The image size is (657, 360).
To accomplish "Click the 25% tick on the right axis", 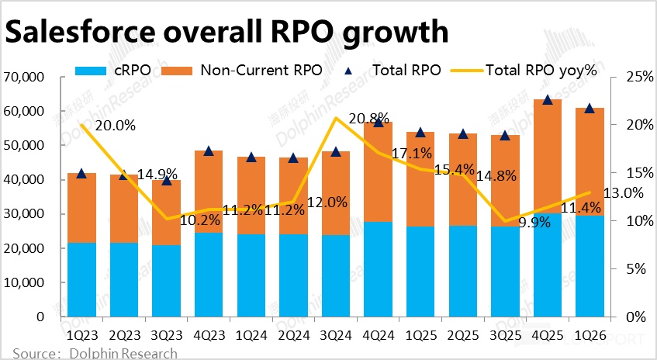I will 630,78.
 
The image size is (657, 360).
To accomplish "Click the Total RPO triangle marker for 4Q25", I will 548,99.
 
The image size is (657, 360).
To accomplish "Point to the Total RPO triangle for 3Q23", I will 166,180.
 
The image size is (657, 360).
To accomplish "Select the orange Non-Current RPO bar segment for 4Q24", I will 378,171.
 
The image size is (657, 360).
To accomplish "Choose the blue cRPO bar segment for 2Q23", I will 124,280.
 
